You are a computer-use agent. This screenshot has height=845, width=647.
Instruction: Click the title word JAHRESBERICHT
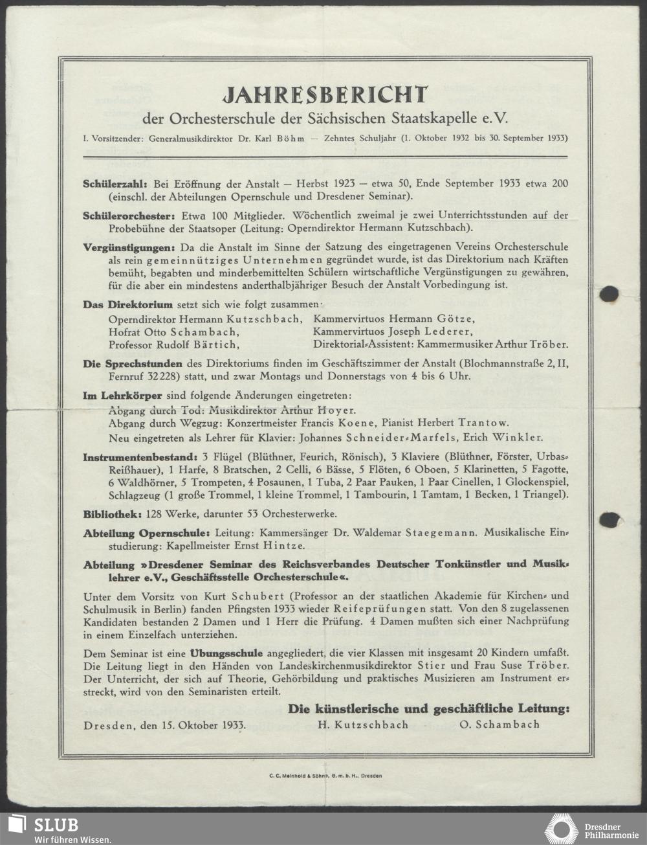tap(325, 95)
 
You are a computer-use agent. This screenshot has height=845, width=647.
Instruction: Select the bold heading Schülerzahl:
tap(116, 184)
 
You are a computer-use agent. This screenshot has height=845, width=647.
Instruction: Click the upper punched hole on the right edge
tap(608, 294)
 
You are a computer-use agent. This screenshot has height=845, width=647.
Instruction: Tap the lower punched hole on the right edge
tap(608, 519)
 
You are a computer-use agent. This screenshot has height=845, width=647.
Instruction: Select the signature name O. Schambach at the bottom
tap(499, 725)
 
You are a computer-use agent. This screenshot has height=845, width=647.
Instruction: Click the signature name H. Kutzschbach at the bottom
tap(363, 725)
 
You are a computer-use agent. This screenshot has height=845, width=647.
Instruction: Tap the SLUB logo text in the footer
tap(56, 825)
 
